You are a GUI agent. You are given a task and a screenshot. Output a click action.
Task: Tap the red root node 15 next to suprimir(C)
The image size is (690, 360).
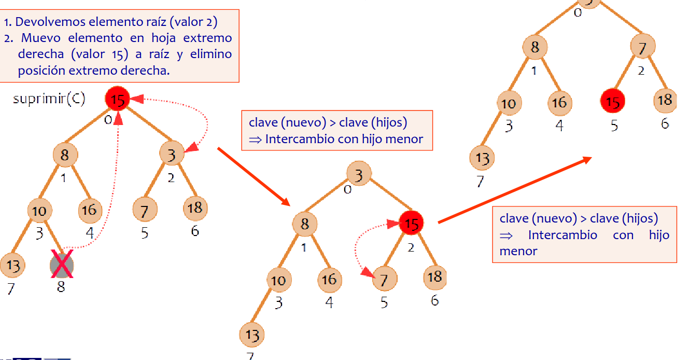(118, 99)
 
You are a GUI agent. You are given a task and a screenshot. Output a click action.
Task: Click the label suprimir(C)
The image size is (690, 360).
(49, 99)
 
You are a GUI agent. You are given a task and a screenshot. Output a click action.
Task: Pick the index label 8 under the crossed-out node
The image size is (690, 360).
(61, 286)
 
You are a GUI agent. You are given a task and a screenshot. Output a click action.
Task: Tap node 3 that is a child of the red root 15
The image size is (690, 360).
(172, 155)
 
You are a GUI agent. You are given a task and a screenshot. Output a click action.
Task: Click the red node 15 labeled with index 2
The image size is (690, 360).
(411, 223)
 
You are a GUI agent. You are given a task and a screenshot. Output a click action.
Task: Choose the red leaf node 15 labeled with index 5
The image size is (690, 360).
(613, 102)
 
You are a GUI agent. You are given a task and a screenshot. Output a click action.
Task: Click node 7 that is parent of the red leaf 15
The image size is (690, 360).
(643, 48)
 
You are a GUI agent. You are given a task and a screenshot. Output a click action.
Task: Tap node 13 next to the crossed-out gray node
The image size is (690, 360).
(12, 266)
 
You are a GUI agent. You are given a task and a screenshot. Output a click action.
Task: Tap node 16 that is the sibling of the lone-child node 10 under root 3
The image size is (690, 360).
(330, 280)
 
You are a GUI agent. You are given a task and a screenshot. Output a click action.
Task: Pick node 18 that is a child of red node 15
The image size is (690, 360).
(434, 276)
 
